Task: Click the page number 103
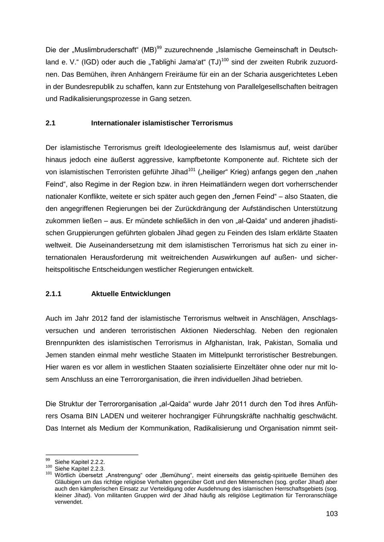pyautogui.click(x=332, y=514)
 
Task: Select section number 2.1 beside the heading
pyautogui.click(x=50, y=123)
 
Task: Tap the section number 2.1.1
pyautogui.click(x=53, y=294)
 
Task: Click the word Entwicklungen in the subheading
pyautogui.click(x=145, y=294)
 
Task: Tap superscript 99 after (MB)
pyautogui.click(x=159, y=47)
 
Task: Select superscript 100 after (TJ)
pyautogui.click(x=225, y=60)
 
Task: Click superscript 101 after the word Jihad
pyautogui.click(x=192, y=170)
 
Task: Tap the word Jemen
pyautogui.click(x=55, y=355)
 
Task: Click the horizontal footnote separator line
pyautogui.click(x=92, y=455)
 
